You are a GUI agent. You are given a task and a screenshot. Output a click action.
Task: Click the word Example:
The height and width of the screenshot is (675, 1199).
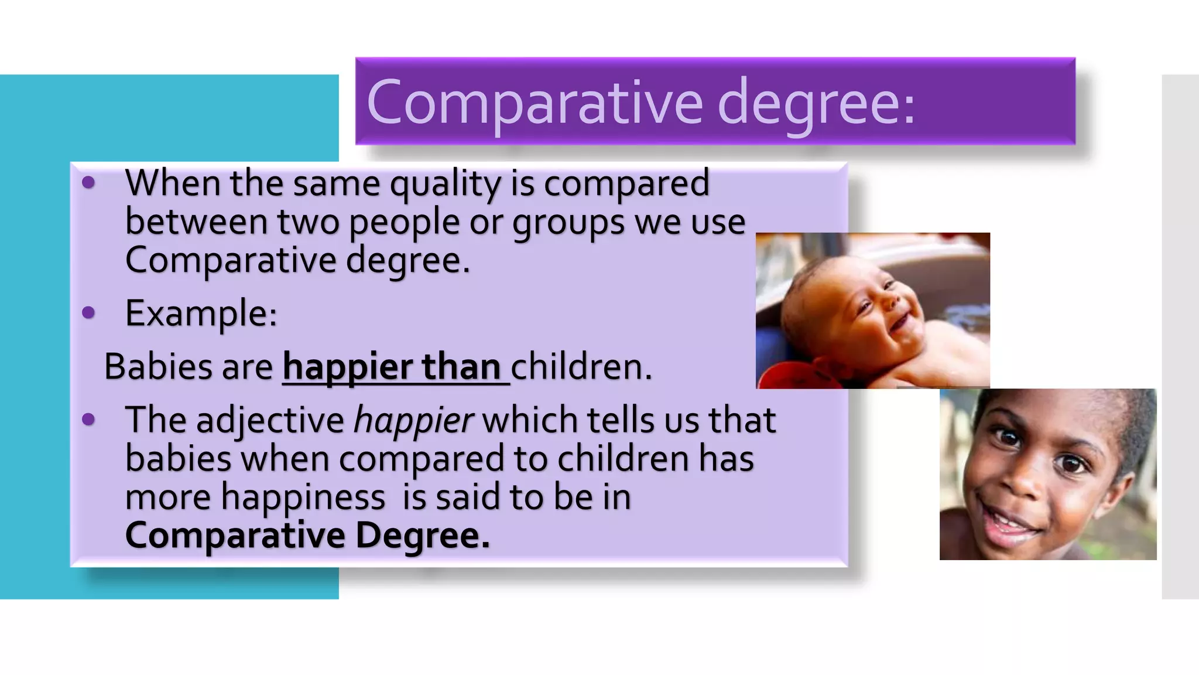tap(201, 313)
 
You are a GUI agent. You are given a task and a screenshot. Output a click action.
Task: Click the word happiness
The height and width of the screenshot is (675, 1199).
tap(303, 499)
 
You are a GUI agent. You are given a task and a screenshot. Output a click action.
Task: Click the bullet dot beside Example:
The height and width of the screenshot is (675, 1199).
tap(88, 312)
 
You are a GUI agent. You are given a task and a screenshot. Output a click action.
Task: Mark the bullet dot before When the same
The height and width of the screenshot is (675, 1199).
tap(88, 182)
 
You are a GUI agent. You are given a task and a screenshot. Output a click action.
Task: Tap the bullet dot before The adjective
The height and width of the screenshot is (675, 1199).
tap(88, 419)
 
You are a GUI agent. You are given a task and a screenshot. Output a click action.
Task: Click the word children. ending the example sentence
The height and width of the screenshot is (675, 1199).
tap(581, 367)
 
